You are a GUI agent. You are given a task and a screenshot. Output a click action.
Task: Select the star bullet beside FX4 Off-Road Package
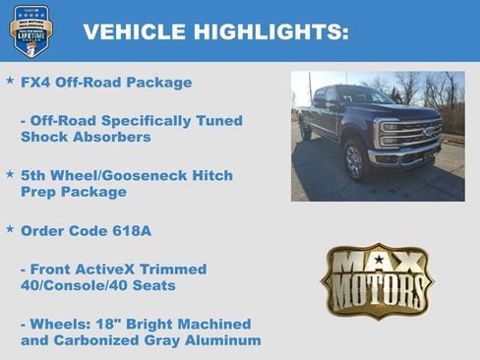click(x=10, y=82)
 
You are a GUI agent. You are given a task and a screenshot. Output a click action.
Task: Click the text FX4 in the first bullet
click(x=36, y=83)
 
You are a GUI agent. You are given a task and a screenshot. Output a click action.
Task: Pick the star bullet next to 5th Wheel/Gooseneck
click(x=10, y=174)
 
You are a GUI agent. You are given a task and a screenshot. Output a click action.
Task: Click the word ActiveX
click(x=117, y=269)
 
